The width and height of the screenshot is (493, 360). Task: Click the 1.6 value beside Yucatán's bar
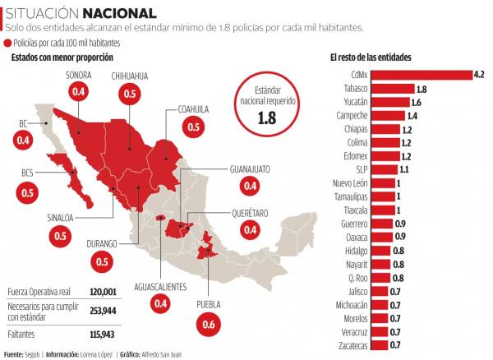pos(416,103)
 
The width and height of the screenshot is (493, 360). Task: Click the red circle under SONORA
pos(80,94)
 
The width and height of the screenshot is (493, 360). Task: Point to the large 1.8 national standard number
pos(266,118)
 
